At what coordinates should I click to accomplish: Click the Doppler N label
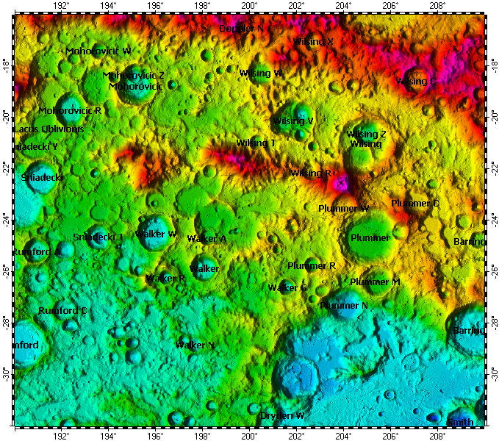241,29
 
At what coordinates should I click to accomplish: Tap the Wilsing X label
313,42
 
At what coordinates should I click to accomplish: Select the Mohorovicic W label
98,51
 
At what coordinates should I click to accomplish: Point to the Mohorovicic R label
70,111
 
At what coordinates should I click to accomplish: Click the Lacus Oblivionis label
49,129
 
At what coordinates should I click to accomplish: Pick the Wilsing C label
416,82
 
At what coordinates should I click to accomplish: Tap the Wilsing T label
256,143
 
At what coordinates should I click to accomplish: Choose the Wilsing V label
293,121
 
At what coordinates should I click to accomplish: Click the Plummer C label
415,204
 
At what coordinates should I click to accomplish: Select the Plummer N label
344,305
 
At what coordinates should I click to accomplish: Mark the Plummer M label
375,282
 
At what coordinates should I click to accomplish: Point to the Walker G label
287,288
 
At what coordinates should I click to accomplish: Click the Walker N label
195,345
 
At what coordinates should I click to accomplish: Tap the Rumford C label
62,311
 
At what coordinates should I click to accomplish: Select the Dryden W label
282,416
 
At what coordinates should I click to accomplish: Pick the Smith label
460,423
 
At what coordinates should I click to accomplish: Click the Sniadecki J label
98,237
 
